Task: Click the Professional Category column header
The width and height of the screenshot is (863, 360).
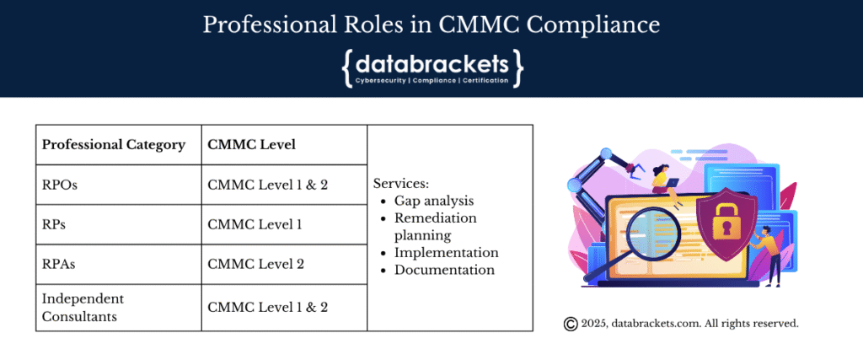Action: [114, 145]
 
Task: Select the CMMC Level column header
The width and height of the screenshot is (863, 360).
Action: [251, 145]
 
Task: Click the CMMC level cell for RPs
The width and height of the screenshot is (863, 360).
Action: [255, 224]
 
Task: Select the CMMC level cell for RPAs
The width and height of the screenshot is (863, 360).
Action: [256, 264]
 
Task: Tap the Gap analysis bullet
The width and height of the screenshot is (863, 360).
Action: [434, 201]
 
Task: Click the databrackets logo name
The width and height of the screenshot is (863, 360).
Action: [432, 64]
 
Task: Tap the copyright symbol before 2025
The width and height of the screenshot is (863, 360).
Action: [571, 325]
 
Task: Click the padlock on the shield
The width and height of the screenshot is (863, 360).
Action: [726, 222]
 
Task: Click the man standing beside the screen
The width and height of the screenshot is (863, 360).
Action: [769, 254]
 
